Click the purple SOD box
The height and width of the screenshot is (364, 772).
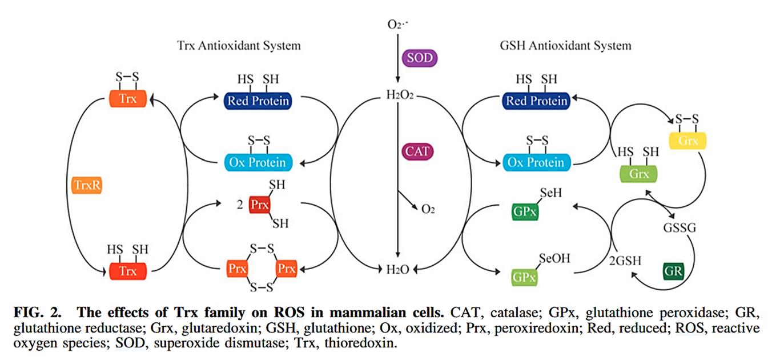click(420, 58)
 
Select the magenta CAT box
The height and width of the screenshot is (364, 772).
click(416, 152)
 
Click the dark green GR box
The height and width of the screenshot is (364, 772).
click(673, 271)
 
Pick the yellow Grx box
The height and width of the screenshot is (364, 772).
click(687, 140)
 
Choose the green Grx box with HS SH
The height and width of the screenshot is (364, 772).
click(638, 174)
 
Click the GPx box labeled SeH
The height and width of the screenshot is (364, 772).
click(524, 211)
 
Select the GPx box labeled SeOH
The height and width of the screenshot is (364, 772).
click(524, 277)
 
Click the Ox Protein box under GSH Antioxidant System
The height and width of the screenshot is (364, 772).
click(536, 162)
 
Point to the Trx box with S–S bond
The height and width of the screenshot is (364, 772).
click(127, 99)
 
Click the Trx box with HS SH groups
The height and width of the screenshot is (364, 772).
click(127, 271)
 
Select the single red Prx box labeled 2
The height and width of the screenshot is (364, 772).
click(259, 205)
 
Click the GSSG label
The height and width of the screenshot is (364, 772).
click(679, 227)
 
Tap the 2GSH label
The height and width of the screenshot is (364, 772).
click(626, 261)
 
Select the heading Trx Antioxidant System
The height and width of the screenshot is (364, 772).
click(239, 45)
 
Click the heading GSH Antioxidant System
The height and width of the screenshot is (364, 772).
click(565, 45)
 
